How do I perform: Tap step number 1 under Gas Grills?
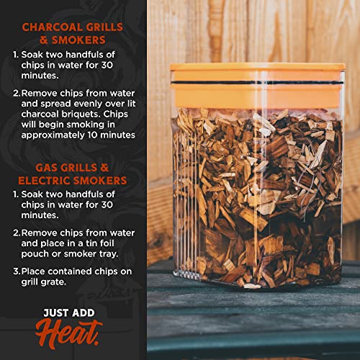pyautogui.click(x=15, y=195)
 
